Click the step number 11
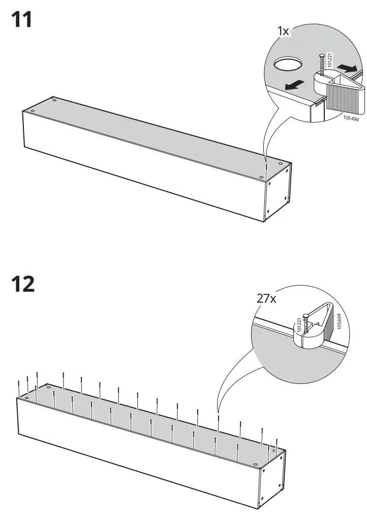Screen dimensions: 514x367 pos(21,20)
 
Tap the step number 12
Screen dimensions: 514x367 pos(23,284)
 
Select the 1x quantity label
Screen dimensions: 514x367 pos(283,32)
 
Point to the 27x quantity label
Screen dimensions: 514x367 pos(266,298)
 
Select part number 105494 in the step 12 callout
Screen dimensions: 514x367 pos(339,322)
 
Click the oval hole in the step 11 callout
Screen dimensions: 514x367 pos(288,65)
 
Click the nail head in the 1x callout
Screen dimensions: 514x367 pos(322,56)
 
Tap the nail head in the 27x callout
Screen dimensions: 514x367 pos(304,316)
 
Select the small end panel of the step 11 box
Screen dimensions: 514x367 pos(279,193)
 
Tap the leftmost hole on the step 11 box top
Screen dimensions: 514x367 pos(33,110)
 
